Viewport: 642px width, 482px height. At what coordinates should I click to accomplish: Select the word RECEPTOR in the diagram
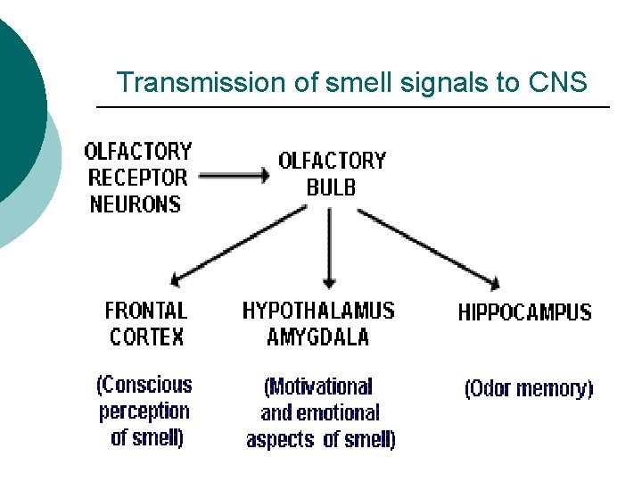click(138, 178)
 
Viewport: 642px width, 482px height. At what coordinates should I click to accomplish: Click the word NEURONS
click(136, 204)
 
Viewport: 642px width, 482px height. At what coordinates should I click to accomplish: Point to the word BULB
click(331, 187)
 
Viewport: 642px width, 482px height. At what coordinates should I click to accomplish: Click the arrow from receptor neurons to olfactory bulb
click(233, 177)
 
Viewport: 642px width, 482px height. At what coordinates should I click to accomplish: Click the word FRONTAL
click(146, 311)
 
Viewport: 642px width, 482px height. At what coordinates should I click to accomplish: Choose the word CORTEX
click(147, 337)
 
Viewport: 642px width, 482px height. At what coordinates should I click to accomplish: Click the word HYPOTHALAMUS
click(318, 311)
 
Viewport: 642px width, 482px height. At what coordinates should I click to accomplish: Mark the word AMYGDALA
click(317, 337)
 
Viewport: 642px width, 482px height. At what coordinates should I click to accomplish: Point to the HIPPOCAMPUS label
click(524, 312)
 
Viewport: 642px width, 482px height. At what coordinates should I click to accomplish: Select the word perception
click(144, 411)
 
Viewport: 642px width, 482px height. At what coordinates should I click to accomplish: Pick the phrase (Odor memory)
click(529, 389)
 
